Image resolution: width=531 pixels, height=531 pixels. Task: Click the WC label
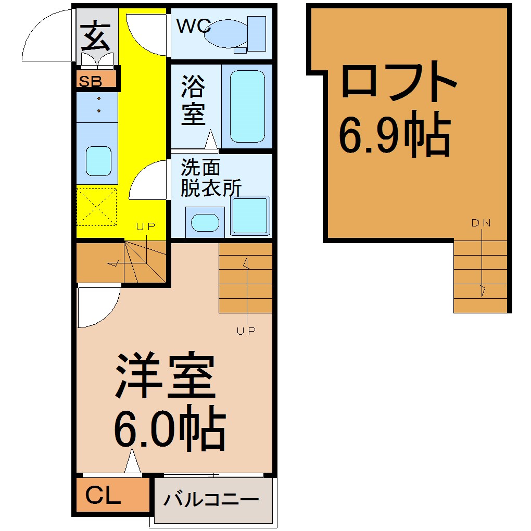pos(193,26)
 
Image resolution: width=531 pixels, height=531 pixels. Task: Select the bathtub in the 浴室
pos(247,106)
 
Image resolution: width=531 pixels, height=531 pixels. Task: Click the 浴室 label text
pos(193,100)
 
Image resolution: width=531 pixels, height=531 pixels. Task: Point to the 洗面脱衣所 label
pos(211,178)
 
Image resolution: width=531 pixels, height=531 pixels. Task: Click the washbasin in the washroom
pos(205,222)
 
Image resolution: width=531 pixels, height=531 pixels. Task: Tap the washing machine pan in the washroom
pos(250,216)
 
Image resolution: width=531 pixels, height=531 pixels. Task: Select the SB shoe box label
pos(90,82)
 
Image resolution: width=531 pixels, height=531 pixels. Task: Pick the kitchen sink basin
pos(98,161)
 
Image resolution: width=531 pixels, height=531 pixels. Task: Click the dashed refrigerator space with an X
pos(96,207)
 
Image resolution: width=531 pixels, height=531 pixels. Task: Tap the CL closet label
pos(103,495)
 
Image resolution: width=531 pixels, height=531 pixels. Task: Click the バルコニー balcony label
pos(211,499)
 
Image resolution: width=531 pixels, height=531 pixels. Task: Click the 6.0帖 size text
pos(170,428)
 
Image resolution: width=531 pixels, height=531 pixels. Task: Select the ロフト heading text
pos(399,81)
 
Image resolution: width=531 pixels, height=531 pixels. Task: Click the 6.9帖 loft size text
pos(395,134)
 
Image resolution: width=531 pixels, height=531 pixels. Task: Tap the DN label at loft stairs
pos(481,223)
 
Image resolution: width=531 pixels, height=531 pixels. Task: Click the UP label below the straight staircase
pos(246,331)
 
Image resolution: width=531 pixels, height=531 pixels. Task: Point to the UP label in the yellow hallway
pos(146,226)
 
